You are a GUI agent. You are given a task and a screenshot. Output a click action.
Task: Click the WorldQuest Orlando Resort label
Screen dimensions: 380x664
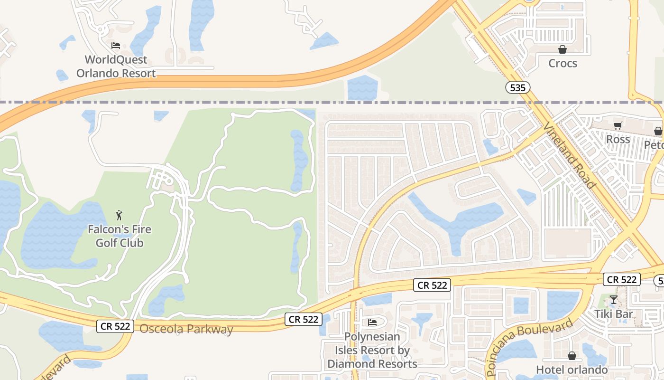pyautogui.click(x=116, y=66)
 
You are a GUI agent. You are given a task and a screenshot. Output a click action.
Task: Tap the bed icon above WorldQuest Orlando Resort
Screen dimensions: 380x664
pyautogui.click(x=116, y=46)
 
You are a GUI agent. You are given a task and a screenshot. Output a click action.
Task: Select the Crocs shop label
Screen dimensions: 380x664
pyautogui.click(x=563, y=63)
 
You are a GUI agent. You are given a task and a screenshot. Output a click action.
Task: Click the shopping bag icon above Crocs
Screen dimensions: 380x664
pyautogui.click(x=563, y=49)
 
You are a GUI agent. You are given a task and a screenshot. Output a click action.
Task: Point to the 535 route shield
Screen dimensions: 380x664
pyautogui.click(x=517, y=87)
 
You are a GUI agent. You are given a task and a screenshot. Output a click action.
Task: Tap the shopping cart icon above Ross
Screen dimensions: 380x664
pyautogui.click(x=618, y=125)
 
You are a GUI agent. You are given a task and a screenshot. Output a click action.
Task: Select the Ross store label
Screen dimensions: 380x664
pyautogui.click(x=618, y=139)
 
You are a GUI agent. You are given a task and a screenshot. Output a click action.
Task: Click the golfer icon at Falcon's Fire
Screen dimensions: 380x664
pyautogui.click(x=119, y=215)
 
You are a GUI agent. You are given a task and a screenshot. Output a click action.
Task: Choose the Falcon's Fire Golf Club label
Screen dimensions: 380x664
pyautogui.click(x=119, y=236)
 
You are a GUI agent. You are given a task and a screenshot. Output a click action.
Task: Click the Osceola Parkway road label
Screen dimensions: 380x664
pyautogui.click(x=186, y=329)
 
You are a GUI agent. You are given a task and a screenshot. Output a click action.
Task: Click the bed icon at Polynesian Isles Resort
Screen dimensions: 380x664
pyautogui.click(x=372, y=323)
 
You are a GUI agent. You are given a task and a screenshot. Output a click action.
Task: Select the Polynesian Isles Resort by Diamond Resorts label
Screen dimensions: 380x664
pyautogui.click(x=372, y=350)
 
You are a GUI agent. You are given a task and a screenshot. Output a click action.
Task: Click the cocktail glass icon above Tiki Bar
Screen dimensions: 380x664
pyautogui.click(x=614, y=300)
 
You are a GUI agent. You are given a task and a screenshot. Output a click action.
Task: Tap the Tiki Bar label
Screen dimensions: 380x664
pyautogui.click(x=614, y=314)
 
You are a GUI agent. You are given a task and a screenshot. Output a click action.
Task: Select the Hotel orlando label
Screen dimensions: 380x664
pyautogui.click(x=572, y=370)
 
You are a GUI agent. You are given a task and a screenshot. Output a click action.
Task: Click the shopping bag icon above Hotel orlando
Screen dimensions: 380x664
pyautogui.click(x=572, y=356)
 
